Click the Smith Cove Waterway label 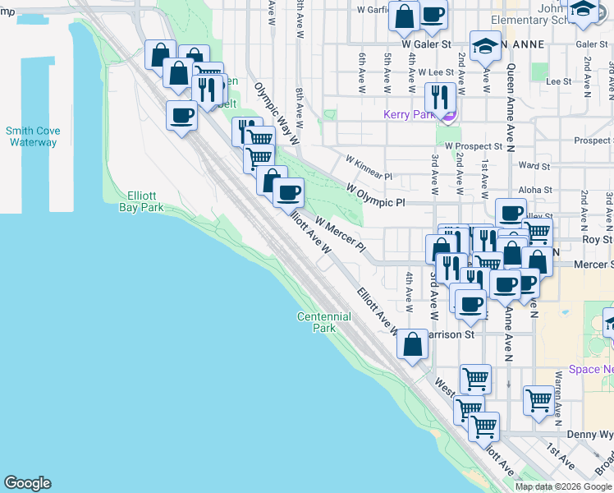pos(33,136)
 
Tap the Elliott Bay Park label pos(148,201)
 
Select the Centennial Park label pos(323,322)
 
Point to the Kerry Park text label pos(408,115)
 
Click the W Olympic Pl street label pos(376,196)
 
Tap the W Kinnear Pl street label pos(369,168)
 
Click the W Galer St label pos(427,44)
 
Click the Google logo pos(27,483)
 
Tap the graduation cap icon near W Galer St pos(485,46)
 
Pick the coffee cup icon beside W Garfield pos(433,13)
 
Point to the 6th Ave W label pos(361,67)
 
